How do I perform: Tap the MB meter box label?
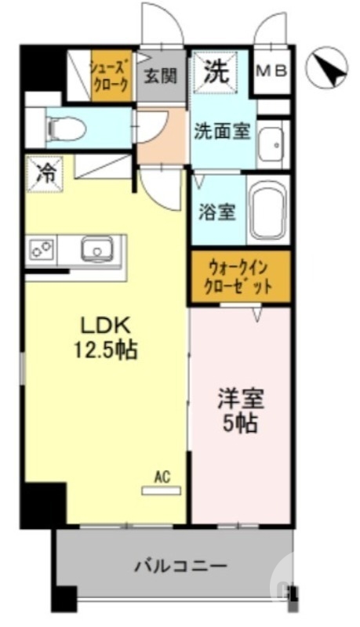click(274, 71)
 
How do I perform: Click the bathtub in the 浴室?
click(268, 212)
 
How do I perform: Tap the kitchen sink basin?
click(98, 250)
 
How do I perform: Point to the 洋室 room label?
click(241, 398)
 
